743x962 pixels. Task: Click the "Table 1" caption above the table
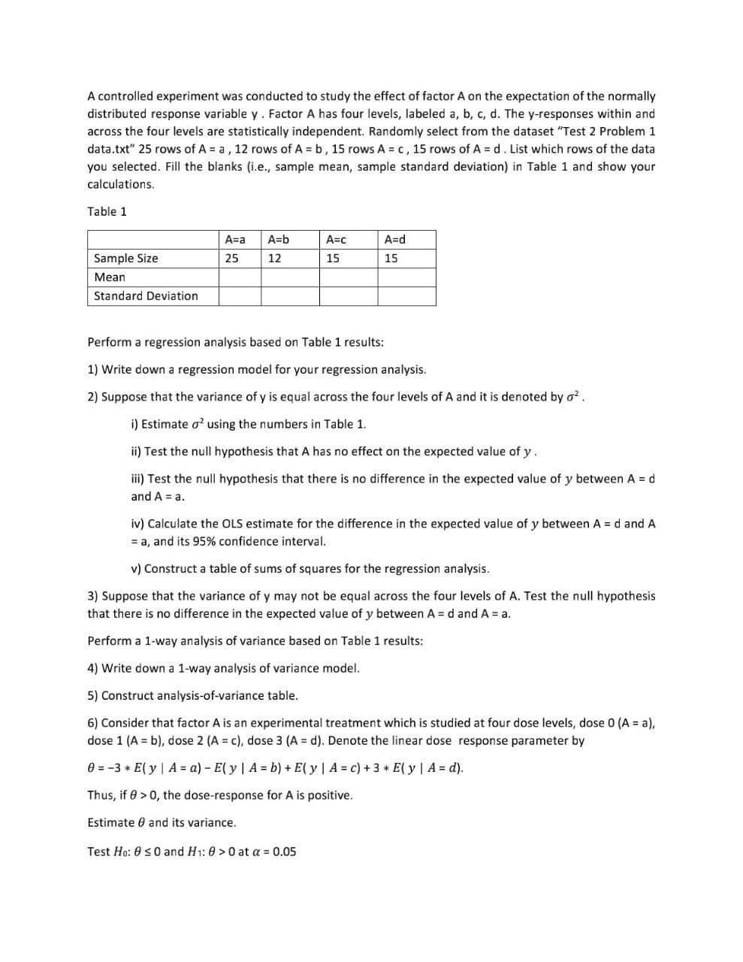(107, 211)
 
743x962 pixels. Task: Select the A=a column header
(235, 240)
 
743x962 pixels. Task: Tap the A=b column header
(278, 240)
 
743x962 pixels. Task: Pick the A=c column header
(336, 240)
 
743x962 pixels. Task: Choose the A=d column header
(394, 240)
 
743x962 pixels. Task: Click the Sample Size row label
(126, 259)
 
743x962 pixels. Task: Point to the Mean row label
(110, 277)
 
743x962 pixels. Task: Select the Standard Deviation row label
(146, 296)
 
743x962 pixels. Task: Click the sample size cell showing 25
(232, 259)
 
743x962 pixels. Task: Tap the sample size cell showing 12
(275, 259)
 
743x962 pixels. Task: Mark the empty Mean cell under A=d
(406, 277)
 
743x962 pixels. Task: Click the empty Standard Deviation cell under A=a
(240, 296)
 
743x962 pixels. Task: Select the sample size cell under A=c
(333, 259)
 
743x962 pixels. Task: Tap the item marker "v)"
(136, 569)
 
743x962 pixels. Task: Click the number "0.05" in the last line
(284, 852)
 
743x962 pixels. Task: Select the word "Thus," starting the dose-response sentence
(101, 795)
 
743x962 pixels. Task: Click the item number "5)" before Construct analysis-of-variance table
(92, 696)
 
